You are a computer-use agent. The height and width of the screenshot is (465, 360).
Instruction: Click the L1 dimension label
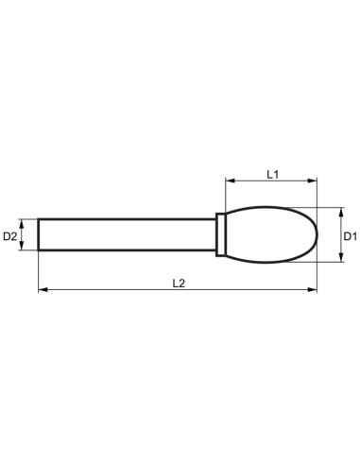pyautogui.click(x=271, y=174)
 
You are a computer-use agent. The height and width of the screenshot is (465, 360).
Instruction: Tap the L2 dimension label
pyautogui.click(x=179, y=283)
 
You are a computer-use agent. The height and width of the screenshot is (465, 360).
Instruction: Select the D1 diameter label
pyautogui.click(x=349, y=233)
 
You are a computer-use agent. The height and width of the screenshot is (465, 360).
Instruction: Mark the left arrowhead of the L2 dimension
pyautogui.click(x=43, y=290)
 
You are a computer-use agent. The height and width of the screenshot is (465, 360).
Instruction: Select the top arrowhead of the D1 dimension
pyautogui.click(x=334, y=211)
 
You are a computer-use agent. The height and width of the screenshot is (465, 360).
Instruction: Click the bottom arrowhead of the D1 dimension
pyautogui.click(x=334, y=256)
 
